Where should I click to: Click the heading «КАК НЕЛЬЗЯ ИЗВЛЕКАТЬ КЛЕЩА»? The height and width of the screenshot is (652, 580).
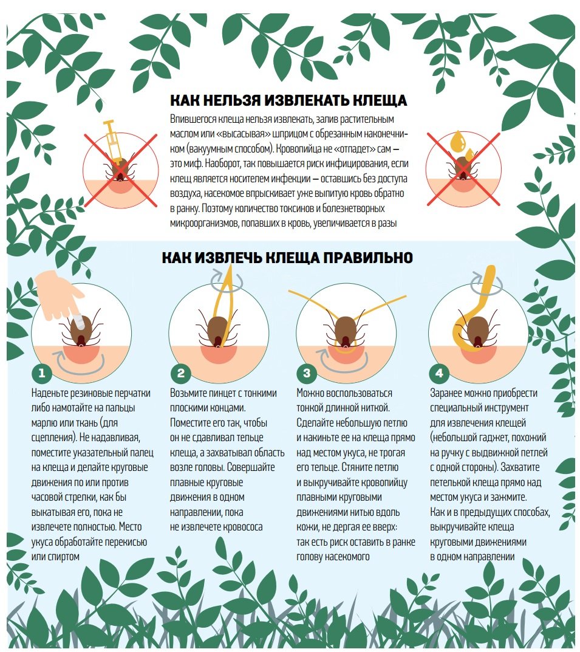(288, 100)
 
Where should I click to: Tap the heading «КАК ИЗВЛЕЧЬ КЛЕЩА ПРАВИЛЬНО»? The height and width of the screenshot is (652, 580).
(287, 258)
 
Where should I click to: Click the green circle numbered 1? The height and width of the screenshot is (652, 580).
(41, 373)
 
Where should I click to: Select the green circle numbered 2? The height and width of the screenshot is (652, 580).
(181, 373)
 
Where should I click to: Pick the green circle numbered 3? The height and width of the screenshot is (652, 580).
(307, 373)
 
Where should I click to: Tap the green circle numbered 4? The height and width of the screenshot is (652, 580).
(439, 373)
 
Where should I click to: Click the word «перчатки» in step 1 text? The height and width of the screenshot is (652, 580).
(132, 393)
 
